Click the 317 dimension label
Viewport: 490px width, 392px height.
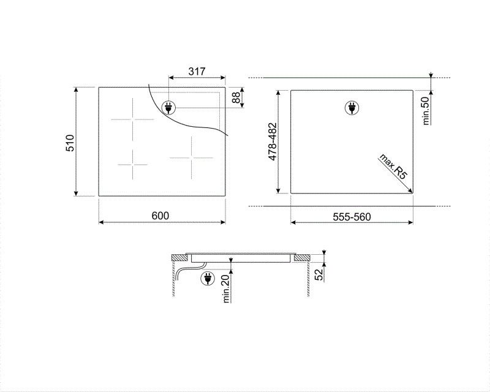196,72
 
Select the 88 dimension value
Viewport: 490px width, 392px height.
236,98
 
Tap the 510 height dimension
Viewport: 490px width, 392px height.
70,142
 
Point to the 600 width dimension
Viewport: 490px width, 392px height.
160,215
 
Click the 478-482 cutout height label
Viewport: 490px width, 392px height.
273,142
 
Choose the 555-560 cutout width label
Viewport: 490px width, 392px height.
352,216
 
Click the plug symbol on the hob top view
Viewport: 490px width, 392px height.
167,108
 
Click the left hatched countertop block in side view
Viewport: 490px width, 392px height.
178,257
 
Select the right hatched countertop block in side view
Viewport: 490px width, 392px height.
301,257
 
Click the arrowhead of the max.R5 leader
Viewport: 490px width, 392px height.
411,192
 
